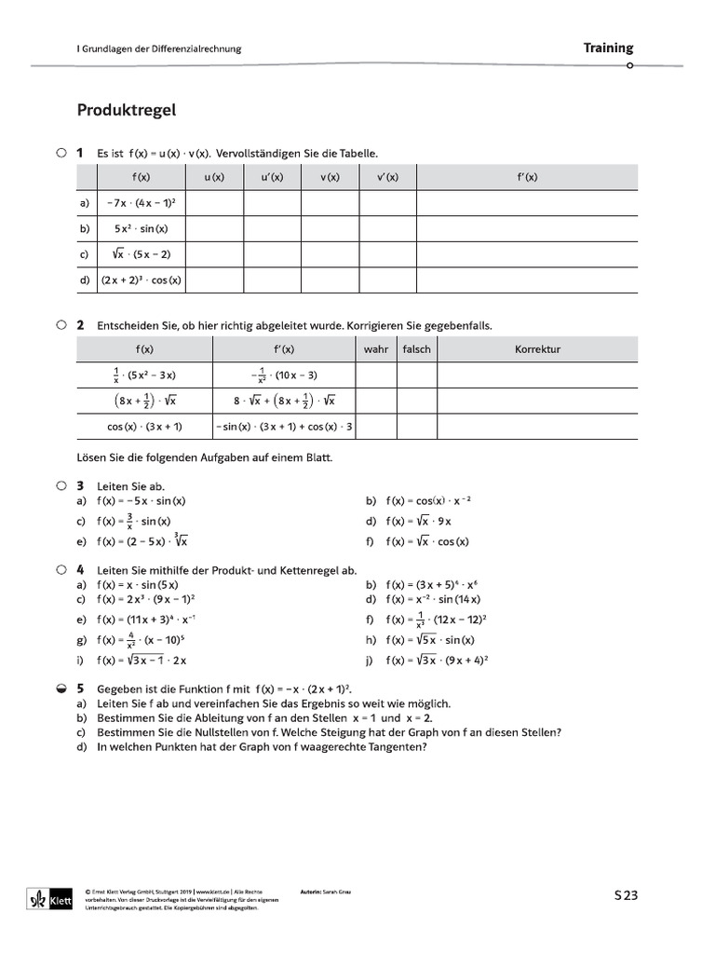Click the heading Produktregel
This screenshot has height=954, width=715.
126,111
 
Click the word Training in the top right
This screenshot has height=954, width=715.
608,48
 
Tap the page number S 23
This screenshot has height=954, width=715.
626,896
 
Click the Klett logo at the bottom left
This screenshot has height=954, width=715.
45,898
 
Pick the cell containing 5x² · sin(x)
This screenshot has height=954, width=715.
142,228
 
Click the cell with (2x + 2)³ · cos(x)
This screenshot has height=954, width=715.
142,279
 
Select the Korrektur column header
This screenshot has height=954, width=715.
537,349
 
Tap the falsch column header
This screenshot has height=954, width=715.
416,349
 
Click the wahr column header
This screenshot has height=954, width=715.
376,349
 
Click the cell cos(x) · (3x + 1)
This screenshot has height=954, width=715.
143,426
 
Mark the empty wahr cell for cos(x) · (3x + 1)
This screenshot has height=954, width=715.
376,426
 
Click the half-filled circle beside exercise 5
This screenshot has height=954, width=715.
61,688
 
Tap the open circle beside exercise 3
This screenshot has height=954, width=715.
61,485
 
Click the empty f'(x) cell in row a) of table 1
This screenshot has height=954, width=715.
527,202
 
